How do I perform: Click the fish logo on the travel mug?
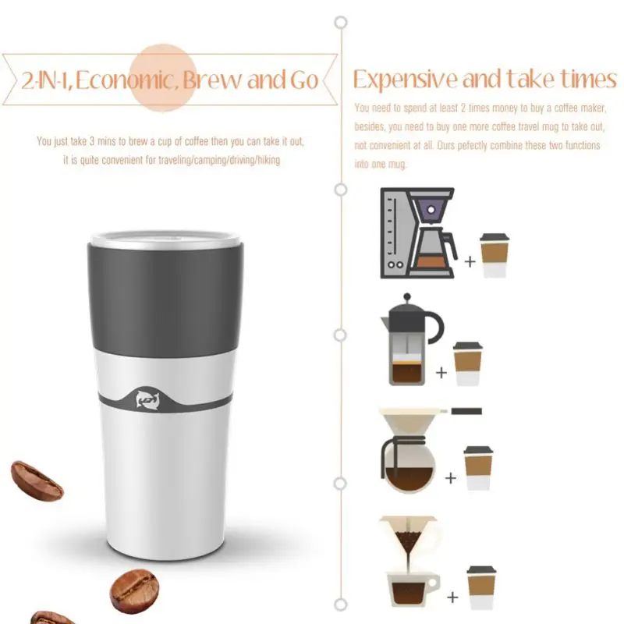coord(147,399)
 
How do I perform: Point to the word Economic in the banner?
coord(126,80)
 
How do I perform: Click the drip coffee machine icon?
coord(419,232)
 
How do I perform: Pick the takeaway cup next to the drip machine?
coord(495,255)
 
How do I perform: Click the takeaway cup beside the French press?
coord(467,363)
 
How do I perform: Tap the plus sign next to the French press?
coord(441,373)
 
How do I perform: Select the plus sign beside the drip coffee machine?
coord(470,261)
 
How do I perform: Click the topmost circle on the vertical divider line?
coord(341,23)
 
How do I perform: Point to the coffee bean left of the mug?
coord(37,480)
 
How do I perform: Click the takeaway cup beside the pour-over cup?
coord(481,587)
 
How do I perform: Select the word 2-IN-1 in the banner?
coord(46,80)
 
